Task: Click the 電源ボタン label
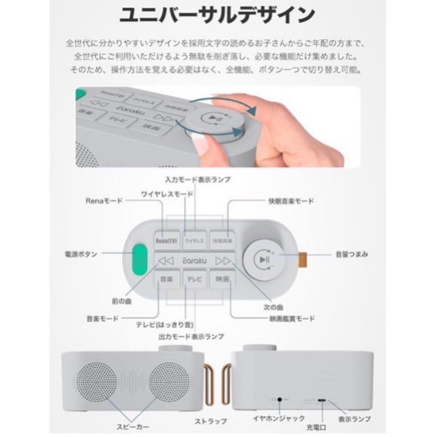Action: pyautogui.click(x=81, y=255)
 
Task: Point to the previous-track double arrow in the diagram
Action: pyautogui.click(x=166, y=261)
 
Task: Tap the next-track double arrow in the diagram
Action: pyautogui.click(x=223, y=261)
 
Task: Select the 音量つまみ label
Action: pyautogui.click(x=352, y=255)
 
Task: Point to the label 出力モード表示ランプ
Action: pyautogui.click(x=191, y=336)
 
